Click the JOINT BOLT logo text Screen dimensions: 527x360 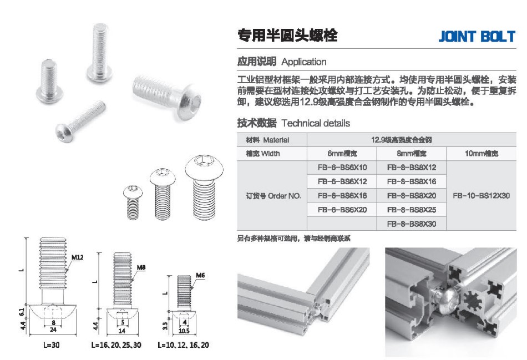click(x=477, y=36)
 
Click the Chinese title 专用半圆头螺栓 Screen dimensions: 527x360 click(x=287, y=36)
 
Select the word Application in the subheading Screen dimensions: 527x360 click(x=304, y=62)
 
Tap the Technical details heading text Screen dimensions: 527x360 click(x=316, y=123)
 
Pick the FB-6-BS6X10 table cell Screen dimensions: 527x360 click(x=342, y=168)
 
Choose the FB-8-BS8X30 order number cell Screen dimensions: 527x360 click(x=412, y=224)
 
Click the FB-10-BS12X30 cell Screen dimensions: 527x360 click(x=482, y=196)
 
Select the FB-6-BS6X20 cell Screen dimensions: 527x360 click(x=342, y=210)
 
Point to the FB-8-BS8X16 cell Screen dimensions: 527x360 click(x=412, y=181)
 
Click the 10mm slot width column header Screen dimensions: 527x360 click(x=482, y=154)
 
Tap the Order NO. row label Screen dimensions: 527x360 click(x=273, y=196)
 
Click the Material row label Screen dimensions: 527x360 click(x=267, y=140)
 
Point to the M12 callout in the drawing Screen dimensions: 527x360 click(x=77, y=257)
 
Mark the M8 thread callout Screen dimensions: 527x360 click(x=141, y=267)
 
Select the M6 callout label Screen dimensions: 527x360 click(x=200, y=275)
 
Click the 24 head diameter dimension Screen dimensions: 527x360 click(x=53, y=329)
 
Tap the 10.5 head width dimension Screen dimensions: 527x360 click(x=184, y=331)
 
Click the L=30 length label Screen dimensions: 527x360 click(x=52, y=345)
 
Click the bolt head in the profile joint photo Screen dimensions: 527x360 click(x=445, y=298)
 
